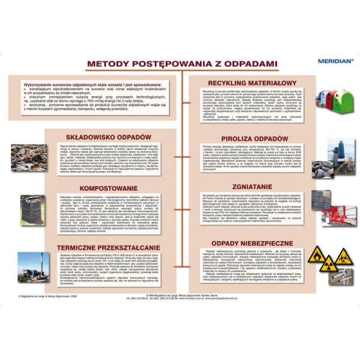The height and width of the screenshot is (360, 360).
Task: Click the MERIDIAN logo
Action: coord(337,60)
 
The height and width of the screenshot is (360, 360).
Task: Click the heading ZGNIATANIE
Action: coord(252,187)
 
